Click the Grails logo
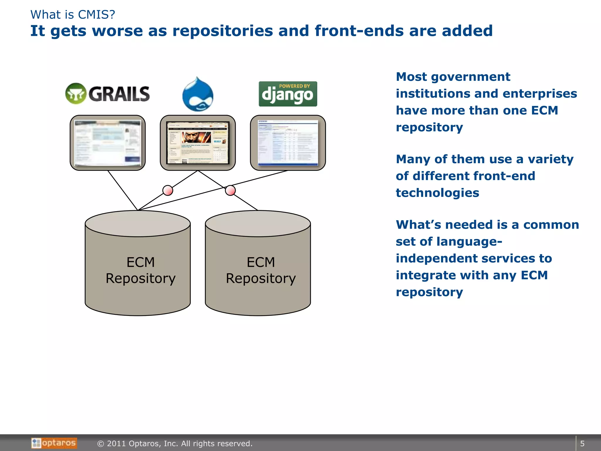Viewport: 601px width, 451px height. pyautogui.click(x=107, y=94)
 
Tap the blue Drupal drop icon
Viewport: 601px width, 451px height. pyautogui.click(x=198, y=95)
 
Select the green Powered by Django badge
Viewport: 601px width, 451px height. pyautogui.click(x=288, y=94)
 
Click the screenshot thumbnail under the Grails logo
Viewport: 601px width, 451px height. pyautogui.click(x=108, y=143)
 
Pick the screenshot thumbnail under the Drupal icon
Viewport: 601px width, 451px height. pyautogui.click(x=198, y=143)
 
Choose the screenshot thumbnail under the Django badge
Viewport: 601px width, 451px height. pyautogui.click(x=288, y=143)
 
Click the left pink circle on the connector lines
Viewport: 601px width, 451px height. pyautogui.click(x=168, y=190)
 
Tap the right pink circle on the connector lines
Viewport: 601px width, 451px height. pyautogui.click(x=230, y=190)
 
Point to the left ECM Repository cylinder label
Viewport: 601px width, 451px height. pyautogui.click(x=141, y=270)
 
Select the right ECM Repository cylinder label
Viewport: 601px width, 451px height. pyautogui.click(x=261, y=270)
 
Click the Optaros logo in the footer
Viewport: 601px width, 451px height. pyautogui.click(x=54, y=443)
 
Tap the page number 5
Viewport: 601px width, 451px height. pyautogui.click(x=582, y=443)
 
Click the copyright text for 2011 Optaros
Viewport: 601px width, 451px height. pyautogui.click(x=175, y=443)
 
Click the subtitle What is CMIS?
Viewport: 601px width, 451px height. pyautogui.click(x=73, y=14)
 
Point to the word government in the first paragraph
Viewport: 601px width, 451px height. pyautogui.click(x=470, y=77)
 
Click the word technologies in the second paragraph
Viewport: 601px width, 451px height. pyautogui.click(x=437, y=193)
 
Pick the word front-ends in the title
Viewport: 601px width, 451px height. pyautogui.click(x=359, y=31)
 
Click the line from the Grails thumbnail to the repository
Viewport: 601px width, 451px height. pyautogui.click(x=123, y=190)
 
